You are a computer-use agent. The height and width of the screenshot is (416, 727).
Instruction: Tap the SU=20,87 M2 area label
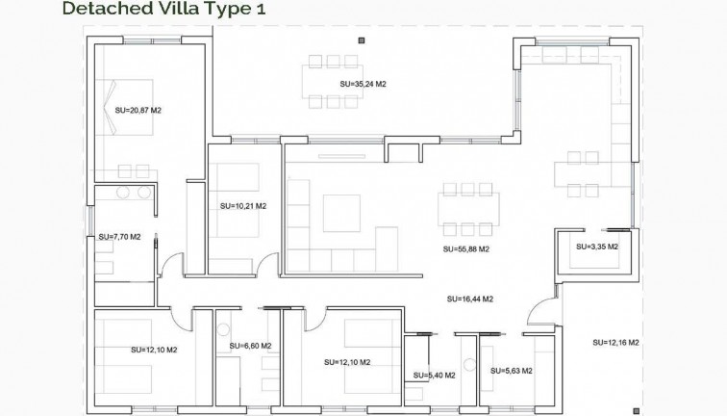(138, 111)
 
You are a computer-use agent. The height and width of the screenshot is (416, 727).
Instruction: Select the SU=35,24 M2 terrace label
(363, 85)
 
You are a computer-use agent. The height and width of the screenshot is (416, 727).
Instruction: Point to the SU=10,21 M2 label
(242, 206)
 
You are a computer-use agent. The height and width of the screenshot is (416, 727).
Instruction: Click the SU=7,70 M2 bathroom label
(119, 237)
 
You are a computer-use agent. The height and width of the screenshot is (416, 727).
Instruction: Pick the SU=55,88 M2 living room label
(466, 249)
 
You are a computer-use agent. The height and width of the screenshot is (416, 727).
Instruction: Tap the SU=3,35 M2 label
(596, 247)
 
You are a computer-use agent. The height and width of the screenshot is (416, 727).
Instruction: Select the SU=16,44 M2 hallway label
(470, 299)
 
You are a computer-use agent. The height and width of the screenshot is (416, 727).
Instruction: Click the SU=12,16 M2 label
(616, 342)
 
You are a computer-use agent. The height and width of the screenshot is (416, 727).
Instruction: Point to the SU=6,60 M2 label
(250, 346)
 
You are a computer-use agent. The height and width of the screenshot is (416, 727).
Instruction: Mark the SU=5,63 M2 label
(512, 371)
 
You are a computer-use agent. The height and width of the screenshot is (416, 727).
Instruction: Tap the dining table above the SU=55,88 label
(468, 208)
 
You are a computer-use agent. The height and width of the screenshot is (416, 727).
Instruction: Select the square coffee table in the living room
(340, 213)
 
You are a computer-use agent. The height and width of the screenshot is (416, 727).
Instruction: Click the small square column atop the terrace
(362, 40)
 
